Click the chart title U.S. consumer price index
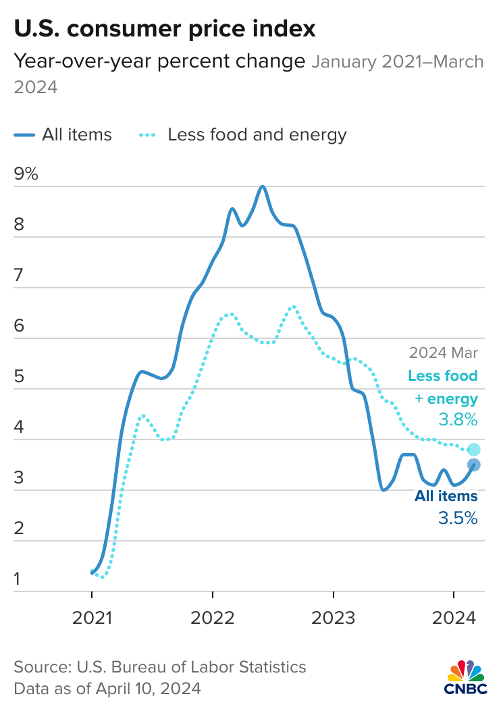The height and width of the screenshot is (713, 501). point(165,28)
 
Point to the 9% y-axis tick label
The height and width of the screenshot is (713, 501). point(26,174)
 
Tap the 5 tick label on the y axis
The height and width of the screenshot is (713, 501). point(19,376)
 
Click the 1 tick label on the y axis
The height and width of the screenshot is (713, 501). point(18,579)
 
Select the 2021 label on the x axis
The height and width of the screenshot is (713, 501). point(92,618)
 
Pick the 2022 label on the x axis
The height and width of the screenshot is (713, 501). point(213,618)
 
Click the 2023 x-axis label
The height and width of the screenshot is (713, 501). point(334,618)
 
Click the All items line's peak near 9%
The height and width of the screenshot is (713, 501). point(262,186)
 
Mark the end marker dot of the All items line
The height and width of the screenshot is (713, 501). point(473,465)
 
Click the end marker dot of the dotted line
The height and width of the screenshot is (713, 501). point(473,450)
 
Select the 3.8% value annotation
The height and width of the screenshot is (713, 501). point(458,420)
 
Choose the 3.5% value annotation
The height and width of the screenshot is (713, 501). point(458,519)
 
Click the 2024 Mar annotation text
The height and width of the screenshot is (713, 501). point(443,352)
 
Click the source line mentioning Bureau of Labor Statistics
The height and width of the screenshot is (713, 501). point(160,667)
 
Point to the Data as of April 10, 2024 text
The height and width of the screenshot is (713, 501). point(107,689)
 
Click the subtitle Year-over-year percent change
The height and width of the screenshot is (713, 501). point(159,62)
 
